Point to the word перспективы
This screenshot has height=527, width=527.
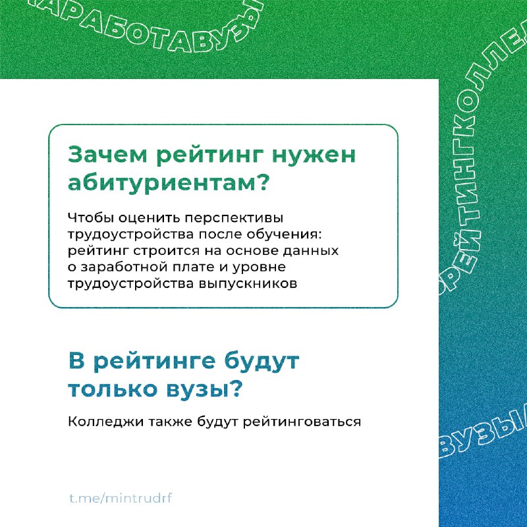coord(234,218)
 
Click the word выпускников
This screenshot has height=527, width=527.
coord(248,284)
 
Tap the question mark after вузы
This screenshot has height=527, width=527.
coord(237,389)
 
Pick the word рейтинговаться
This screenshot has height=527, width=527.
coord(302,422)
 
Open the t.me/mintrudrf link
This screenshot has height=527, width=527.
coord(121,498)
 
